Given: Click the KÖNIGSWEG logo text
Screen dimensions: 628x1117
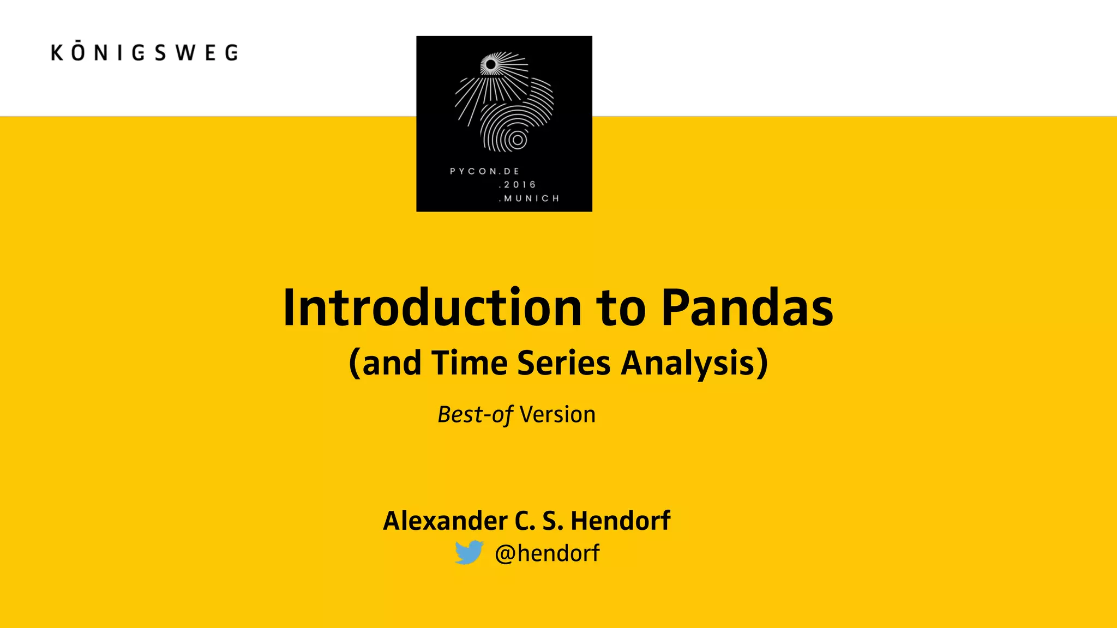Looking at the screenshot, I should pos(145,52).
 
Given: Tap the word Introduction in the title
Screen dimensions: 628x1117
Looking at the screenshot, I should pos(433,308).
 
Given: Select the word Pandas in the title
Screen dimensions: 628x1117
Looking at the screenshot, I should pos(747,308).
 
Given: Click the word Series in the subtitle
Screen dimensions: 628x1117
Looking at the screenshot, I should pos(563,363).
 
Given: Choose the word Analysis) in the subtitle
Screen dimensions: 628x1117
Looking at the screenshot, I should pos(694,364).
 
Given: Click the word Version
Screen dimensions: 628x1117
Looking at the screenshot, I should pos(557,415).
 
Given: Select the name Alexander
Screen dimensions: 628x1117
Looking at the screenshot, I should pos(445,521).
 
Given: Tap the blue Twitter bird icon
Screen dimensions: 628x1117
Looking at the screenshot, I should pos(469,552).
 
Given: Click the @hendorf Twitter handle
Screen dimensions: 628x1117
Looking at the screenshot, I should pos(547,553).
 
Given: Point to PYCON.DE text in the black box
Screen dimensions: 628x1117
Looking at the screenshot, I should pos(484,171).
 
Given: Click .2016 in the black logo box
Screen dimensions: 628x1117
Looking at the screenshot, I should pos(517,185).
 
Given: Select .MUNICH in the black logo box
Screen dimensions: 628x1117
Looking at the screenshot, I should pos(529,198).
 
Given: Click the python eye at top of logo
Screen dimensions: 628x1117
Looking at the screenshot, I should pos(491,65).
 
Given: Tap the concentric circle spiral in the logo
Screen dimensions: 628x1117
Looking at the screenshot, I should pos(518,140).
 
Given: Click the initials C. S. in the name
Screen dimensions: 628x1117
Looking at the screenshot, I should pos(539,521).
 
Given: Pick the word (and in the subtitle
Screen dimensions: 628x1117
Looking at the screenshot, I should pos(385,364).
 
